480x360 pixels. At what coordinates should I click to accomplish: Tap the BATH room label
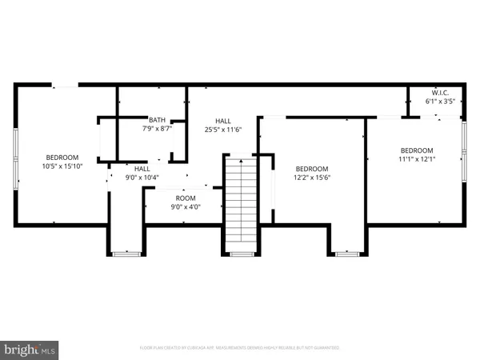click(157, 118)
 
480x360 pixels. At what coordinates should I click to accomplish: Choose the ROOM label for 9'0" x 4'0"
click(186, 198)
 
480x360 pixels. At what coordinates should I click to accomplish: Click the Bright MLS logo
click(30, 349)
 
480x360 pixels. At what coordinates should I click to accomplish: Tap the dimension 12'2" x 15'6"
click(311, 178)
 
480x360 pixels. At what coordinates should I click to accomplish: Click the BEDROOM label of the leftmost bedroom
click(62, 157)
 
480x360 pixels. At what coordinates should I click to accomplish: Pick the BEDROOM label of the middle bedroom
click(311, 169)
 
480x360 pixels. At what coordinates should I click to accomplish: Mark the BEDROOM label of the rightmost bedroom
click(416, 150)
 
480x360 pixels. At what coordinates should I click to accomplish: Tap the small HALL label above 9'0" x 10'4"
click(142, 169)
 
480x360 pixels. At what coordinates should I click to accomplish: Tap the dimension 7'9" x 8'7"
click(157, 128)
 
